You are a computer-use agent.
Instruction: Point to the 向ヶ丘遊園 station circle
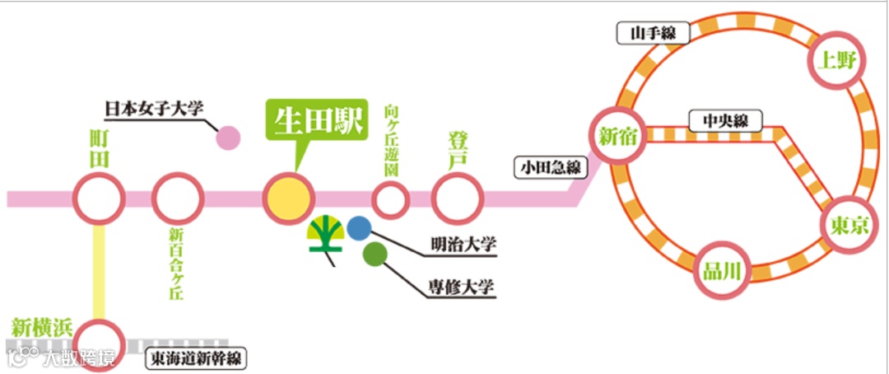[391, 199]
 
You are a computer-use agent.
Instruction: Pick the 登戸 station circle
[458, 198]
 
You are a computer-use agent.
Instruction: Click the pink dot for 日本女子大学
[227, 138]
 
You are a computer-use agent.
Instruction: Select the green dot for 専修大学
[375, 255]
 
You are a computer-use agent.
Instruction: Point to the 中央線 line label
[724, 121]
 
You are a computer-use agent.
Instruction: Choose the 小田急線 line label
[550, 168]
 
